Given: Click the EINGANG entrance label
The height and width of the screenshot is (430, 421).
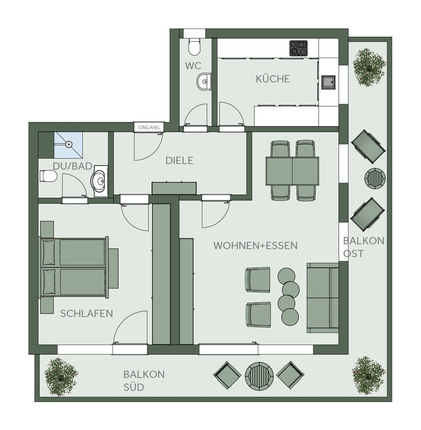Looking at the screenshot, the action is [x=149, y=128].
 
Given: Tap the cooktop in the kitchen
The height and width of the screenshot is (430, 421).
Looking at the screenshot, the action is [x=298, y=48].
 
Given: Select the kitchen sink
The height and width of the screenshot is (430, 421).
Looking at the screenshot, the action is [x=328, y=82].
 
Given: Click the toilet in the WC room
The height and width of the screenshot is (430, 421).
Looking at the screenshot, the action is [x=194, y=47].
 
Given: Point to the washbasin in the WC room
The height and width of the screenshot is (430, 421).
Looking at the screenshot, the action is [x=204, y=81].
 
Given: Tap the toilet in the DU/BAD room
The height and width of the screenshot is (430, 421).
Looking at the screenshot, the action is [x=48, y=176].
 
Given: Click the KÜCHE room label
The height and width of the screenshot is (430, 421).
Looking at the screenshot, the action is [x=273, y=79].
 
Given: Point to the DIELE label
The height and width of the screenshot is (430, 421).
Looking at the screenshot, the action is [x=179, y=161].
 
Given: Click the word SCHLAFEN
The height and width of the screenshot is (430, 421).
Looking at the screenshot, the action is [x=87, y=314].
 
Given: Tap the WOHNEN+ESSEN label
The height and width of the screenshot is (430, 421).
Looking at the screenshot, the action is [x=255, y=245].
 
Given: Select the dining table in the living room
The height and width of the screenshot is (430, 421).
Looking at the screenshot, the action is [x=292, y=171].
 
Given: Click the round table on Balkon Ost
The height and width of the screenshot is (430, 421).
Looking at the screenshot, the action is [x=375, y=178].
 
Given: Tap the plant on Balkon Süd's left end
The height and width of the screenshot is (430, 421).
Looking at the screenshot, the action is [x=61, y=377].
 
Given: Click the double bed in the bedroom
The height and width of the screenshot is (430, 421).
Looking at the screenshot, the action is [x=74, y=267].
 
